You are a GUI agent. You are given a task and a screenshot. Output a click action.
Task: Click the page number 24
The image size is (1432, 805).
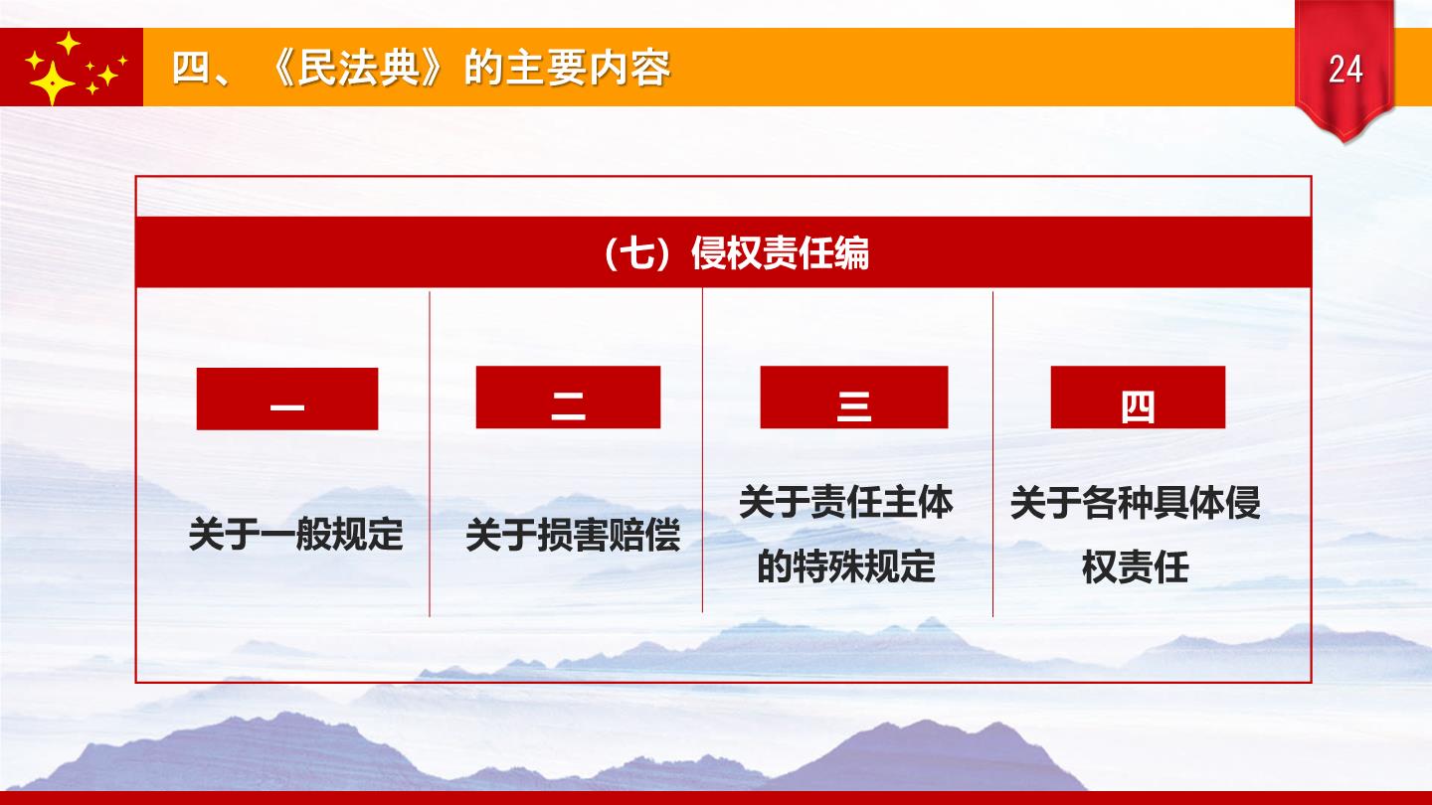[1345, 69]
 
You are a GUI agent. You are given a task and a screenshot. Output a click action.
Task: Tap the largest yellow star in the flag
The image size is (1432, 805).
[52, 83]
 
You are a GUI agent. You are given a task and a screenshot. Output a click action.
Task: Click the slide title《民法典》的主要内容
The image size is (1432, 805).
[469, 68]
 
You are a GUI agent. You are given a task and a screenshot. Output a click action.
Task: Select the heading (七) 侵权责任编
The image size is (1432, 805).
[736, 253]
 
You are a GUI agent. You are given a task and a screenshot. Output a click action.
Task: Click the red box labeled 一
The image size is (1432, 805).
[287, 399]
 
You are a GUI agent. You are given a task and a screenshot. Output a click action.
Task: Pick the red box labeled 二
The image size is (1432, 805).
[569, 397]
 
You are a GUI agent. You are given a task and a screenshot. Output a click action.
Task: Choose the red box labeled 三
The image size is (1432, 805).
[854, 397]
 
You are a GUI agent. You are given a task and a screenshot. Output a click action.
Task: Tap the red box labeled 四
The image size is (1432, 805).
[1138, 397]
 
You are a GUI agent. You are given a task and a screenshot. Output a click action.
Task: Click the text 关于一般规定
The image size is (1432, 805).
[296, 534]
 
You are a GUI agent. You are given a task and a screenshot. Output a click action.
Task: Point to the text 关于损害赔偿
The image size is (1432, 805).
[573, 535]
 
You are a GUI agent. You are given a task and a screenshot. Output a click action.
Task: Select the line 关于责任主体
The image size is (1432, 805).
[845, 502]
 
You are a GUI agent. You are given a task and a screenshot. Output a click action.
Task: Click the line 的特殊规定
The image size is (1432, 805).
[845, 566]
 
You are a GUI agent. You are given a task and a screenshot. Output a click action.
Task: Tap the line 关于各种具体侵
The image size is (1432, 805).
[1136, 502]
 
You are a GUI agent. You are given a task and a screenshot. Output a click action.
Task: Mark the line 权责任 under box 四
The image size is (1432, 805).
[1136, 566]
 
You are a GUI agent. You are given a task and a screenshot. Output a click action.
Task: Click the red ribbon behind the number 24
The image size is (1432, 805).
[1344, 71]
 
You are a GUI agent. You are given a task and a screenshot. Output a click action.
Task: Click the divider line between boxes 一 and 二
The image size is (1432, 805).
[430, 453]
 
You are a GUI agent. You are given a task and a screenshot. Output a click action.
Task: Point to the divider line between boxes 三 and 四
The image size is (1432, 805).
[992, 453]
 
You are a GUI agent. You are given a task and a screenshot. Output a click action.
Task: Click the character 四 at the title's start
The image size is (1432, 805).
[191, 68]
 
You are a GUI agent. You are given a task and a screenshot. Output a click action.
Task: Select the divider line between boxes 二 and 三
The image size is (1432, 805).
[702, 450]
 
